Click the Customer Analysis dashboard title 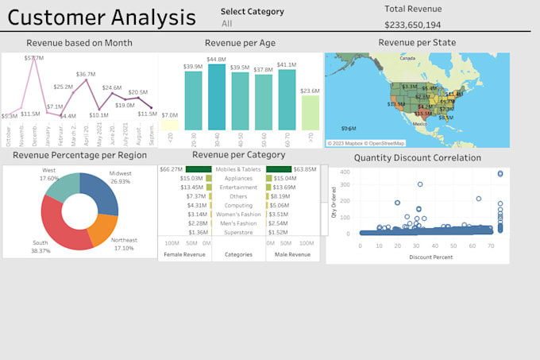tap(102, 17)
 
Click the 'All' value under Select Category tap(227, 24)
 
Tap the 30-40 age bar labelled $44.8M tap(216, 97)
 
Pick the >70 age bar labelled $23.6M tap(310, 113)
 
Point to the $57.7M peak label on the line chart tap(33, 58)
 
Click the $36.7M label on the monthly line tap(85, 74)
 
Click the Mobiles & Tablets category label tap(238, 169)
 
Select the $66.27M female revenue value tap(171, 169)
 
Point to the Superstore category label tap(238, 233)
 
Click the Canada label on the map tap(407, 58)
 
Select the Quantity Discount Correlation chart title tap(417, 157)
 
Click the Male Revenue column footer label tap(292, 254)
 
